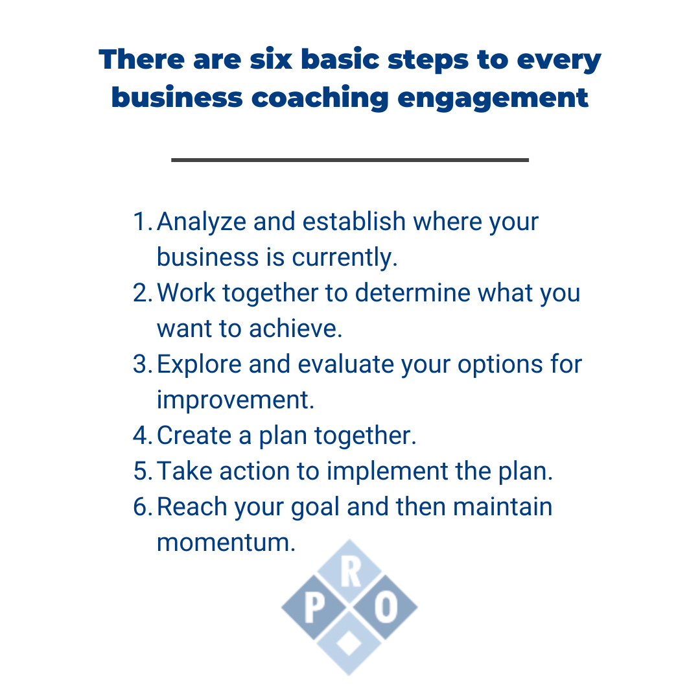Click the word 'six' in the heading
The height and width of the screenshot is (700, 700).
pos(270,60)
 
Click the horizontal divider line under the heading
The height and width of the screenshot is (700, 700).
pos(350,160)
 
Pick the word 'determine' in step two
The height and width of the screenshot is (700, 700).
pos(413,294)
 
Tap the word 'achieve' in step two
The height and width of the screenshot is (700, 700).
pos(296,329)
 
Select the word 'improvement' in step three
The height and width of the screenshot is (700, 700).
pos(235,401)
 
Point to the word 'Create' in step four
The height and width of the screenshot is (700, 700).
pos(194,436)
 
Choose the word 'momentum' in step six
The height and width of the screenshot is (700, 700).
pos(226,543)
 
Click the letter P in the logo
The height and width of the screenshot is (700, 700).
pos(314,608)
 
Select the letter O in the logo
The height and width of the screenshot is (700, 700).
pos(386,608)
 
